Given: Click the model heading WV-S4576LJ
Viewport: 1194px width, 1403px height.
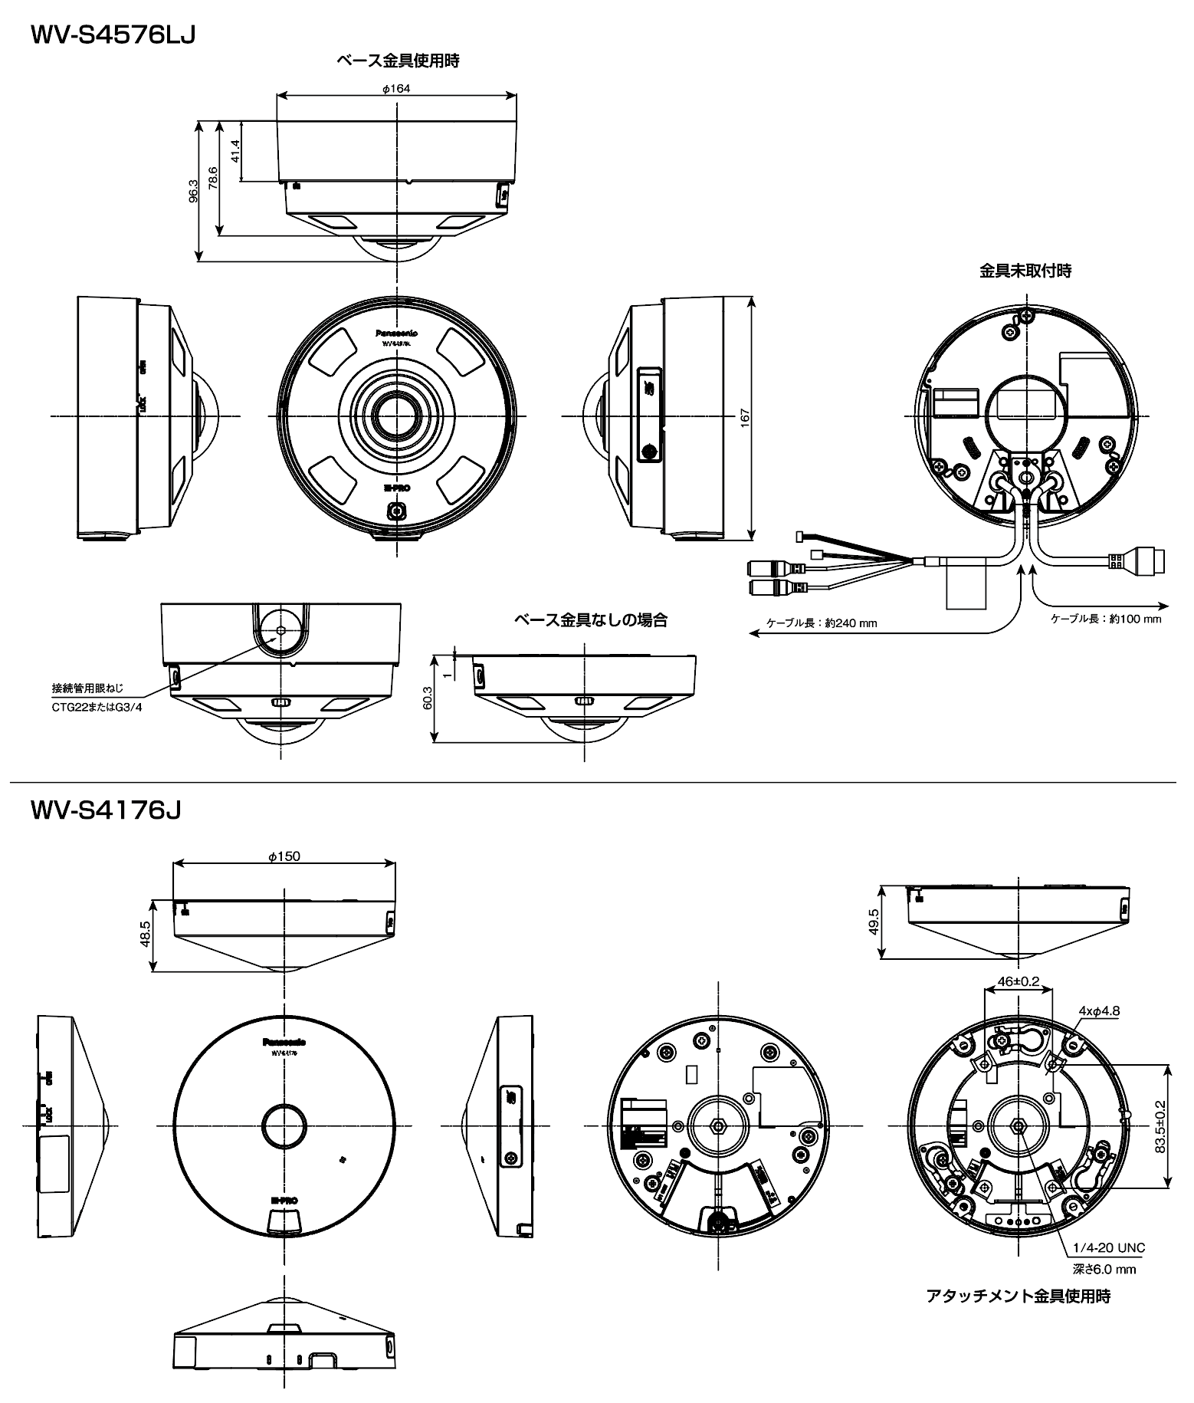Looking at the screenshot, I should pos(113,35).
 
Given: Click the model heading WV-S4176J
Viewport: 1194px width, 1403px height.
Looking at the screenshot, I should pos(106,810).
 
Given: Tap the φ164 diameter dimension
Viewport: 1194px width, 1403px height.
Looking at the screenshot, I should pos(396,89).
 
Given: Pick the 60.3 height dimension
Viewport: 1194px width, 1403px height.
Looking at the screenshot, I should pos(427,698).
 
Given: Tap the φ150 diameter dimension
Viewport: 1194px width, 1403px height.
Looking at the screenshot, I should pos(284,856).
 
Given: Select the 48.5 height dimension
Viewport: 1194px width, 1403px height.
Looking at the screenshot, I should pos(146,934).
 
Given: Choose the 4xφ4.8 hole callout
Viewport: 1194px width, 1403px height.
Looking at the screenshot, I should pos(1099,1011).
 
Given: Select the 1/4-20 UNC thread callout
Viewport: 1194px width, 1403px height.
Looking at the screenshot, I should pos(1109,1247).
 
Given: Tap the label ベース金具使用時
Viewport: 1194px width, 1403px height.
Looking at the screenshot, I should pos(398,61).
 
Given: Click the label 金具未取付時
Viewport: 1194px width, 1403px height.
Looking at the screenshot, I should pos(1025,271).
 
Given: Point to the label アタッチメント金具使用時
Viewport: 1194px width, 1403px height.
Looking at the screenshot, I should pos(1018,1296).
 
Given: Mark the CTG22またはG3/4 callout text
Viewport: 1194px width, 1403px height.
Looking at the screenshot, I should pos(97,707).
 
